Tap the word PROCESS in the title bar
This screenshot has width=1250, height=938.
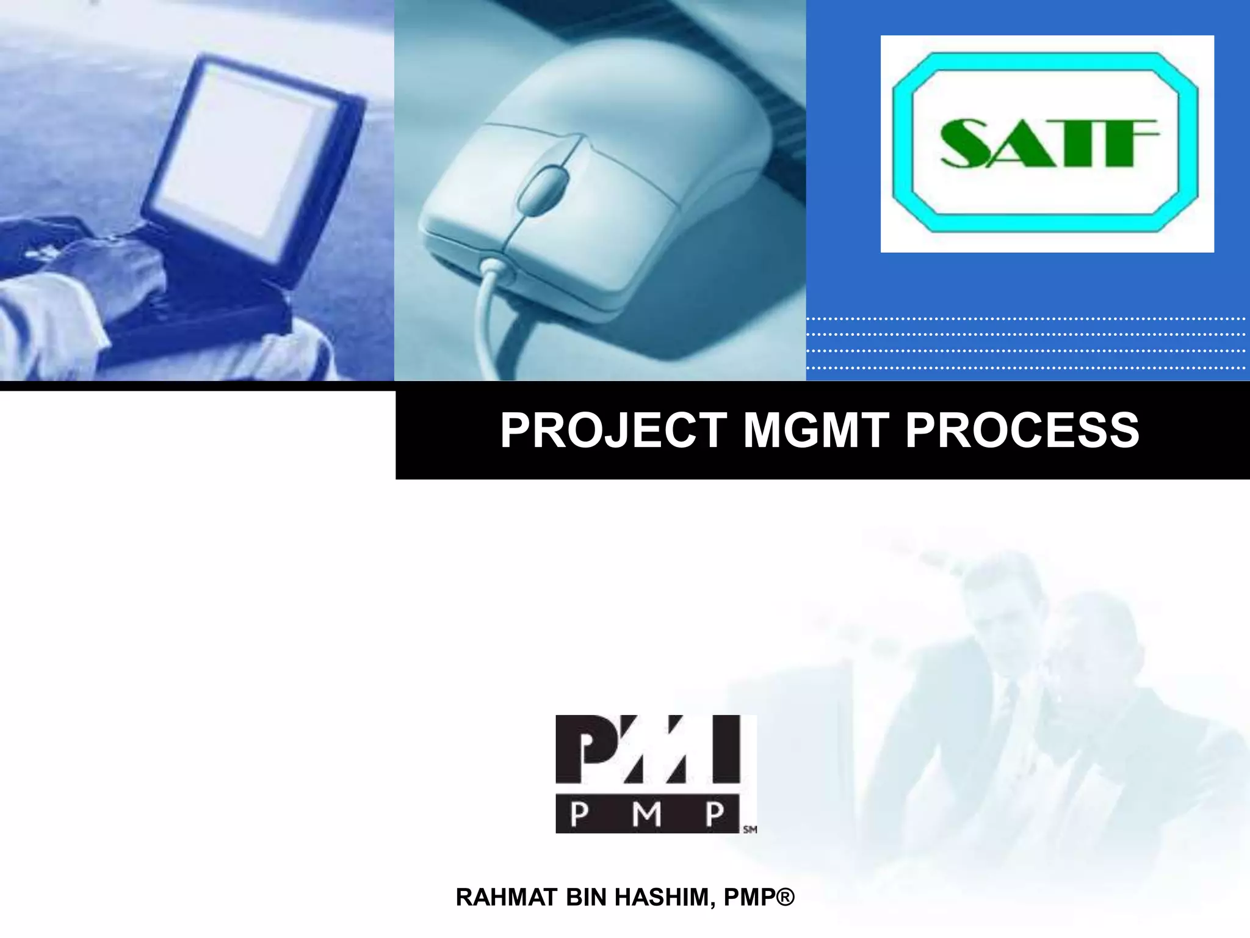tap(1022, 431)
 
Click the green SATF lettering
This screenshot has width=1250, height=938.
tap(1047, 144)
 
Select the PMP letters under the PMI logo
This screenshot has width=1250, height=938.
tap(647, 813)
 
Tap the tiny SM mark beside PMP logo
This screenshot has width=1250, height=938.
tap(750, 830)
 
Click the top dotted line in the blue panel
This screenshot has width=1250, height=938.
tap(1025, 319)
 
